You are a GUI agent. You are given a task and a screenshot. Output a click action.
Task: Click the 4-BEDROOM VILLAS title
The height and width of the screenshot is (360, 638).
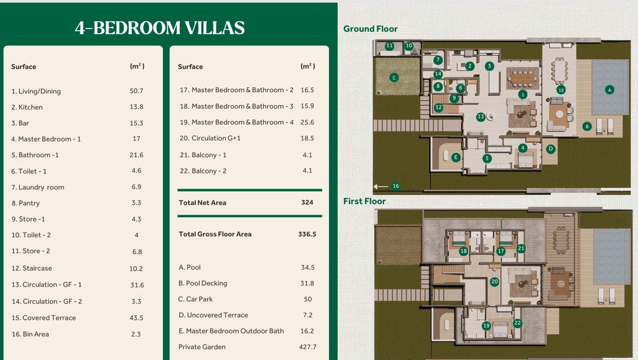[x=160, y=28]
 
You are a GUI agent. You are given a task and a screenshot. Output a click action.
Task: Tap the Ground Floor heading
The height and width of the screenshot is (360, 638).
[x=370, y=29]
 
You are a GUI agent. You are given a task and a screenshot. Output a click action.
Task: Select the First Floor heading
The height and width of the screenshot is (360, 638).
[x=364, y=201]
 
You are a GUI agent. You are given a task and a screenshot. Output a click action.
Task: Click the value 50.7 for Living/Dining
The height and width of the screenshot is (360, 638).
[x=136, y=90]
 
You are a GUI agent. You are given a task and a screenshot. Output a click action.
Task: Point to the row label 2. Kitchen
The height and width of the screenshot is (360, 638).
[x=27, y=107]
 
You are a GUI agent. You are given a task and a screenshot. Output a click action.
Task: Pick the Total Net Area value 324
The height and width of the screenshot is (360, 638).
[x=307, y=202]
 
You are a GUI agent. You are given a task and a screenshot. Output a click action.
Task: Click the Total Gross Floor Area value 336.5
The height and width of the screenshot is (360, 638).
[x=307, y=234]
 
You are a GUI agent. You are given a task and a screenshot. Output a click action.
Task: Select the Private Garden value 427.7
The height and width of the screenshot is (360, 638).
[x=307, y=347]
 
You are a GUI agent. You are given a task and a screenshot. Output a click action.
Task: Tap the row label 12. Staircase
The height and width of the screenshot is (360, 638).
[x=32, y=268]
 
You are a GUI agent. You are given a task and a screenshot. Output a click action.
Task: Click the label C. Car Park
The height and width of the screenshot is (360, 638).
[x=195, y=299]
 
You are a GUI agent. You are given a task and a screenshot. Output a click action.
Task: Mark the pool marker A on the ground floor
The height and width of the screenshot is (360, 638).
[x=609, y=90]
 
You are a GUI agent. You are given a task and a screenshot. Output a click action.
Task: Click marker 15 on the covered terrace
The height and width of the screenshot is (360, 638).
[x=561, y=90]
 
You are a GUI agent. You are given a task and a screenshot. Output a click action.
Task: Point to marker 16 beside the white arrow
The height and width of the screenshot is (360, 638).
[x=396, y=186]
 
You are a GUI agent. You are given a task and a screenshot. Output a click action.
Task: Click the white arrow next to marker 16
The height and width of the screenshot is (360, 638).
[x=381, y=186]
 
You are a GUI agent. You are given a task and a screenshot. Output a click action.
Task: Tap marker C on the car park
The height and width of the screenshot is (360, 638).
[x=394, y=77]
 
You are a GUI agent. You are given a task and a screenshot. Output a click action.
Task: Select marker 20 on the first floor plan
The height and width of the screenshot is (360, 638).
[x=494, y=282]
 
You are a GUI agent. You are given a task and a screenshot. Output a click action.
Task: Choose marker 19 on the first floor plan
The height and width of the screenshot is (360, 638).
[x=486, y=325]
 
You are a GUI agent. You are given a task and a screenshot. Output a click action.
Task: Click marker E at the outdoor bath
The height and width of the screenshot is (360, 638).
[x=456, y=157]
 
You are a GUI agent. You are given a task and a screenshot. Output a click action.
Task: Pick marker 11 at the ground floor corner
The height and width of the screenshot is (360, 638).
[x=389, y=46]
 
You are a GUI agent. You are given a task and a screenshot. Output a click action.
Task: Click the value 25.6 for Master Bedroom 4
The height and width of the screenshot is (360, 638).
[x=307, y=122]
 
